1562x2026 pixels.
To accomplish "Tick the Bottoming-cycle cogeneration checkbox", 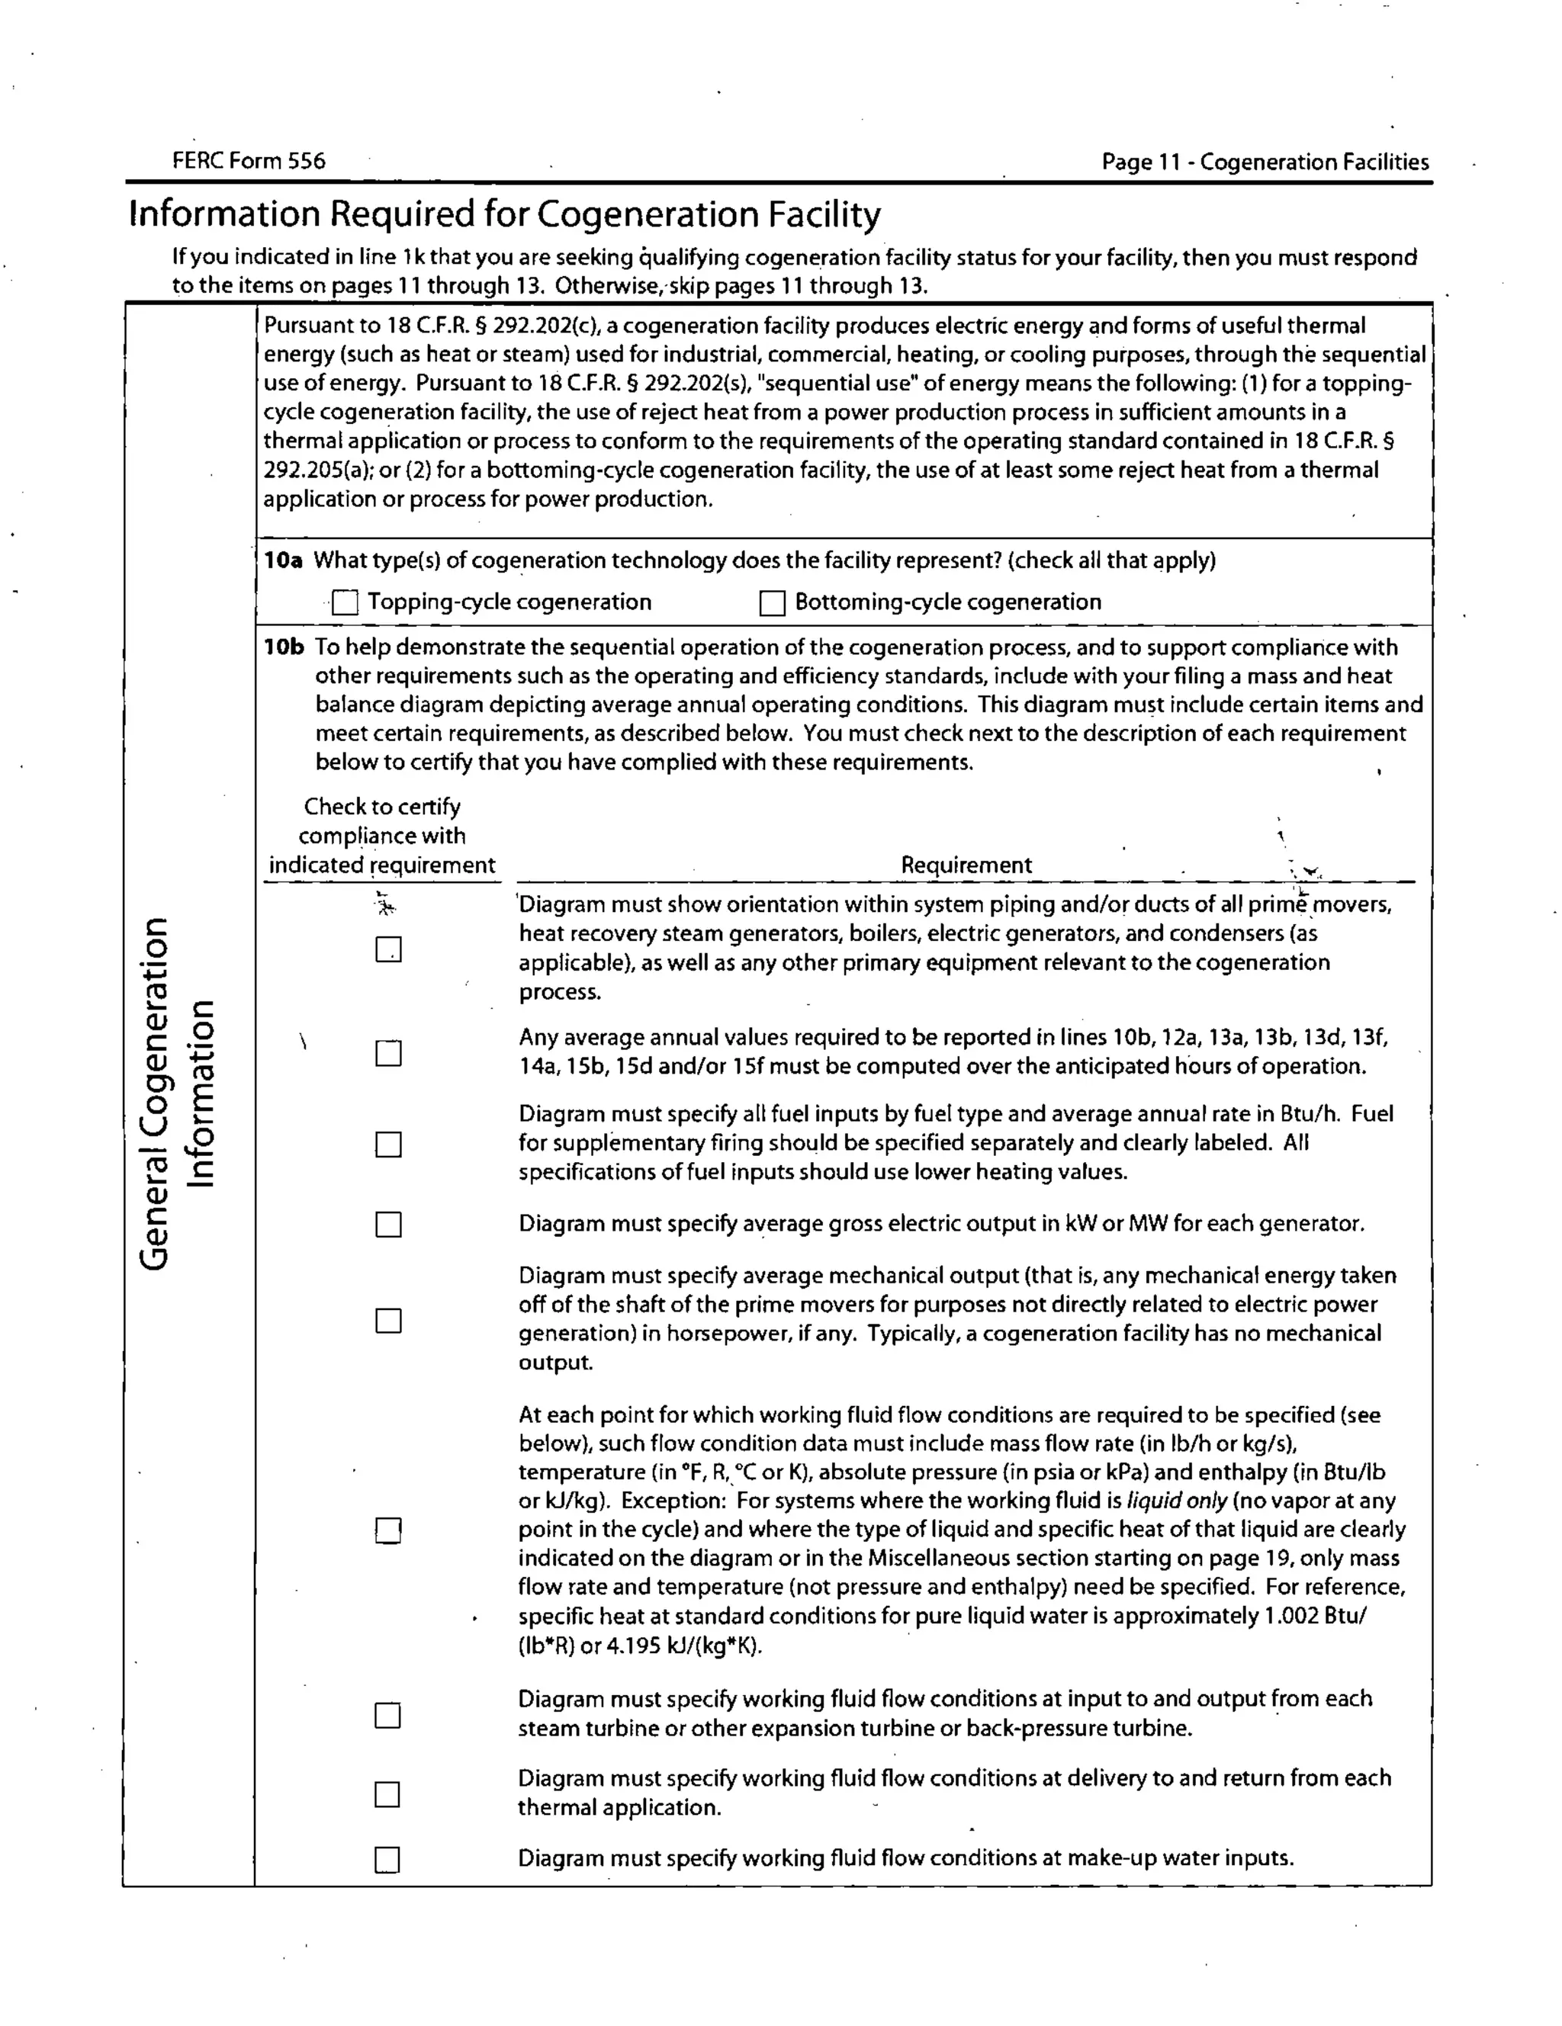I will coord(772,603).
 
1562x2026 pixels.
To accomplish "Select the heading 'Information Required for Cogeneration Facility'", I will coord(504,214).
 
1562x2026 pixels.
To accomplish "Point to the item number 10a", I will coord(283,560).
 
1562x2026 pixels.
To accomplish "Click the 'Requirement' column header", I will coord(966,865).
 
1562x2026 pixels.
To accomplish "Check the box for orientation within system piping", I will coord(388,949).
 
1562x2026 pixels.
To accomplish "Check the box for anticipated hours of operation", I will coord(388,1054).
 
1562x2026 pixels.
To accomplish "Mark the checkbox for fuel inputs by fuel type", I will coord(388,1144).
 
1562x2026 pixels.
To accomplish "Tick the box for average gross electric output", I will coord(388,1225).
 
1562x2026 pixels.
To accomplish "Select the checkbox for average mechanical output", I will coord(388,1320).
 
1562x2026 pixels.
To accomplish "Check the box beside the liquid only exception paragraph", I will coord(388,1530).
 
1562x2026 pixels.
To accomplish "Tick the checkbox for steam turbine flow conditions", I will coord(388,1714).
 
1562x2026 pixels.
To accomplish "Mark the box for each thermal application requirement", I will coord(388,1794).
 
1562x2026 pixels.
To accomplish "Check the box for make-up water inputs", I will coord(388,1860).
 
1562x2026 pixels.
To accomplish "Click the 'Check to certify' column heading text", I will coord(381,806).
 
